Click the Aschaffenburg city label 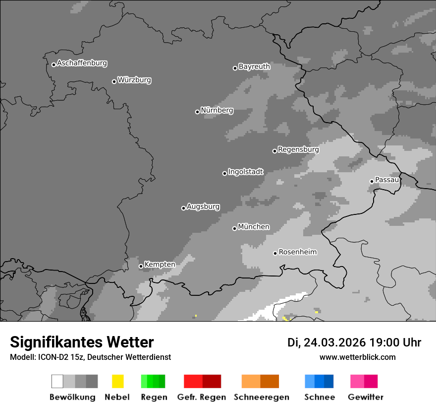[82, 63]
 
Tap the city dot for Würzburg [114, 81]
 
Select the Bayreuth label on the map [254, 67]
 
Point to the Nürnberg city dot [197, 112]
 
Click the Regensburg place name [298, 149]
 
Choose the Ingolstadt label [246, 172]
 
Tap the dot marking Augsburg [183, 208]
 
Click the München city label [254, 227]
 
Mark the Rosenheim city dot [275, 253]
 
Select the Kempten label [160, 265]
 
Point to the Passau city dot [372, 181]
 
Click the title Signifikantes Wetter [82, 343]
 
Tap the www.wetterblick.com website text [358, 357]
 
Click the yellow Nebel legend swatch [117, 381]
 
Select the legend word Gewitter [366, 397]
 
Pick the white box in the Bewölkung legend [57, 381]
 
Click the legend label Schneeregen [262, 397]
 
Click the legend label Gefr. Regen [201, 397]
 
